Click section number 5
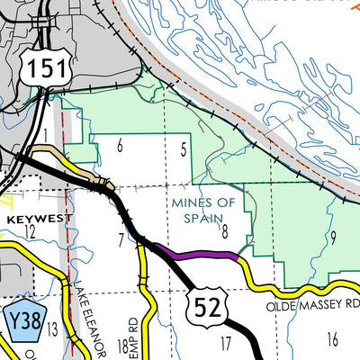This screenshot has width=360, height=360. pos(184,150)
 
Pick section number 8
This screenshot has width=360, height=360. pos(225,233)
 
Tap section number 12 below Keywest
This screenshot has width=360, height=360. pos(30,233)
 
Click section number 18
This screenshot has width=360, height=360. pos(123,346)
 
